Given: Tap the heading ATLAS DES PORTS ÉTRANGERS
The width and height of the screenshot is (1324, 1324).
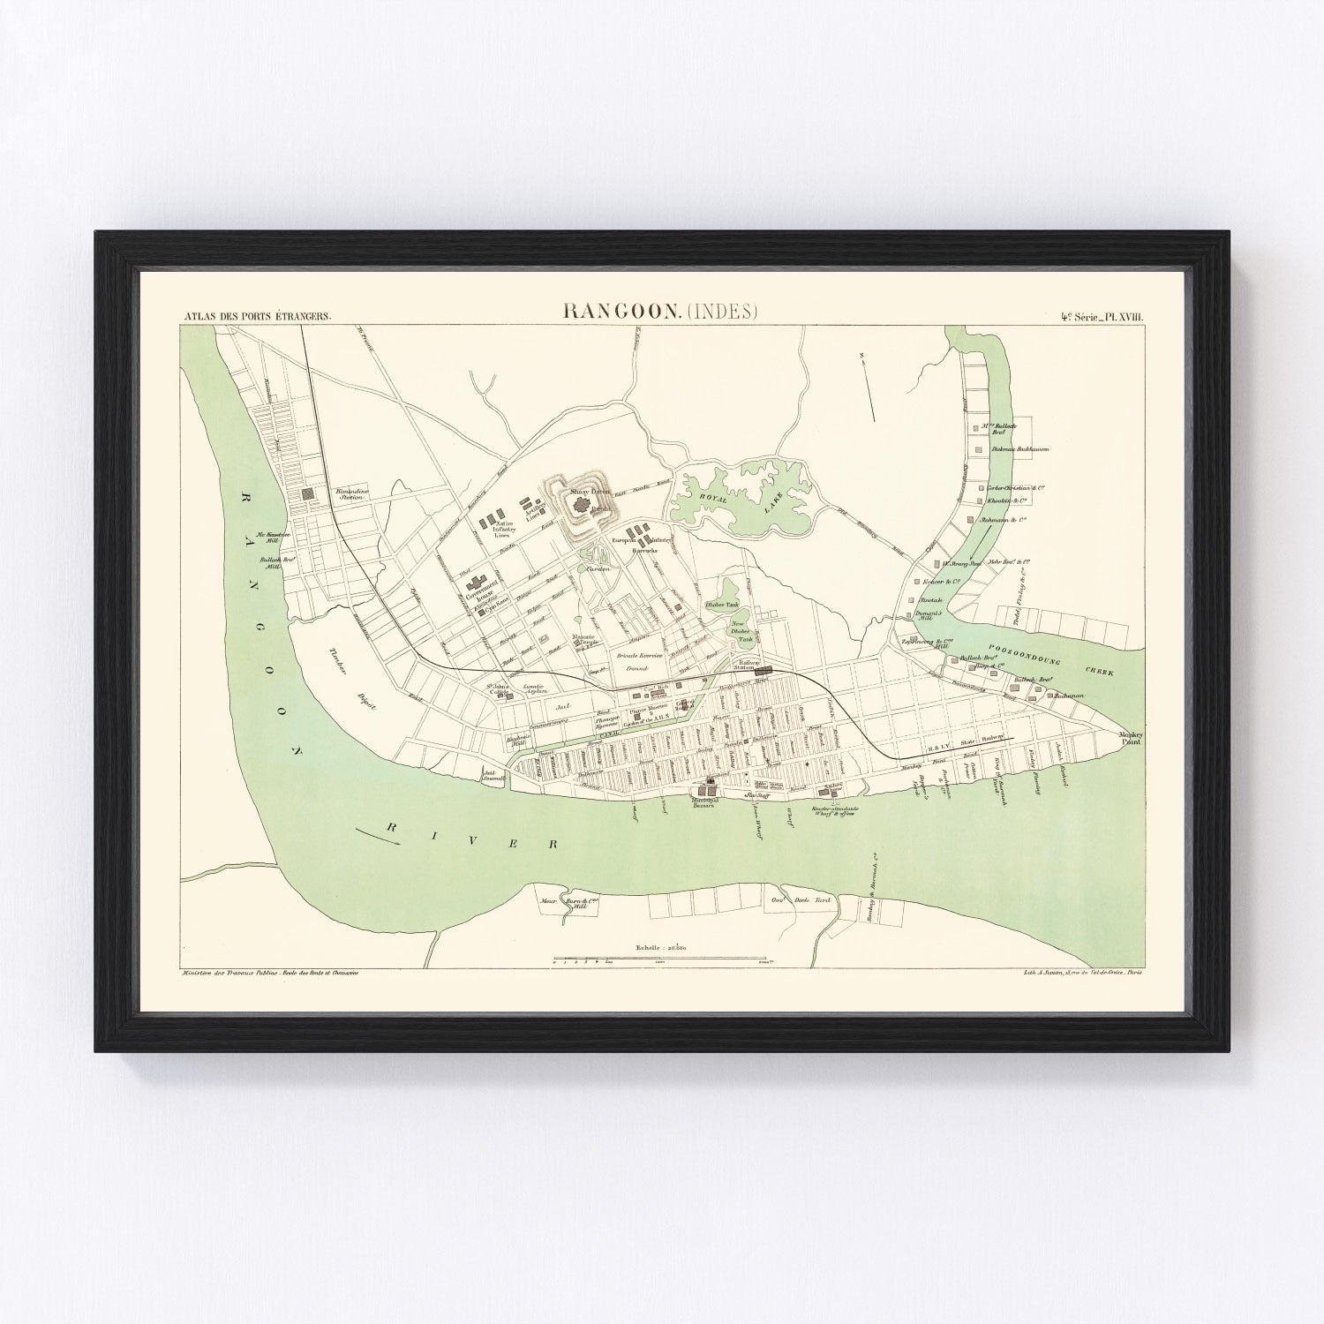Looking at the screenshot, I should tap(256, 315).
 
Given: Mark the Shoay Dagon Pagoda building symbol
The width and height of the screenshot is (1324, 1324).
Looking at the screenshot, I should tap(582, 507).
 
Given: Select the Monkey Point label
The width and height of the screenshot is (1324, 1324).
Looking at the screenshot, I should tap(1130, 738).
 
